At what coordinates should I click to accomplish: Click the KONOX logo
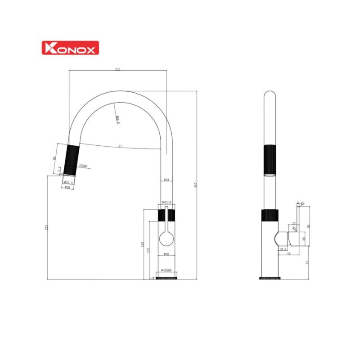point(70,48)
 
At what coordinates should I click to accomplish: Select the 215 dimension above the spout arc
point(117,69)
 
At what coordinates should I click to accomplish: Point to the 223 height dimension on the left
point(46,228)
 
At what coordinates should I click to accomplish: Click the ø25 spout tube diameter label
point(166,180)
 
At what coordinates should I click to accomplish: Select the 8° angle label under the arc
point(120,146)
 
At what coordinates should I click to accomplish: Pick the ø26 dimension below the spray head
point(67,187)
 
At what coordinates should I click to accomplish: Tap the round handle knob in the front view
point(166,238)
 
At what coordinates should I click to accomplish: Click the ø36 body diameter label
point(166,254)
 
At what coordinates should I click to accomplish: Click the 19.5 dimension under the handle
point(283,249)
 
